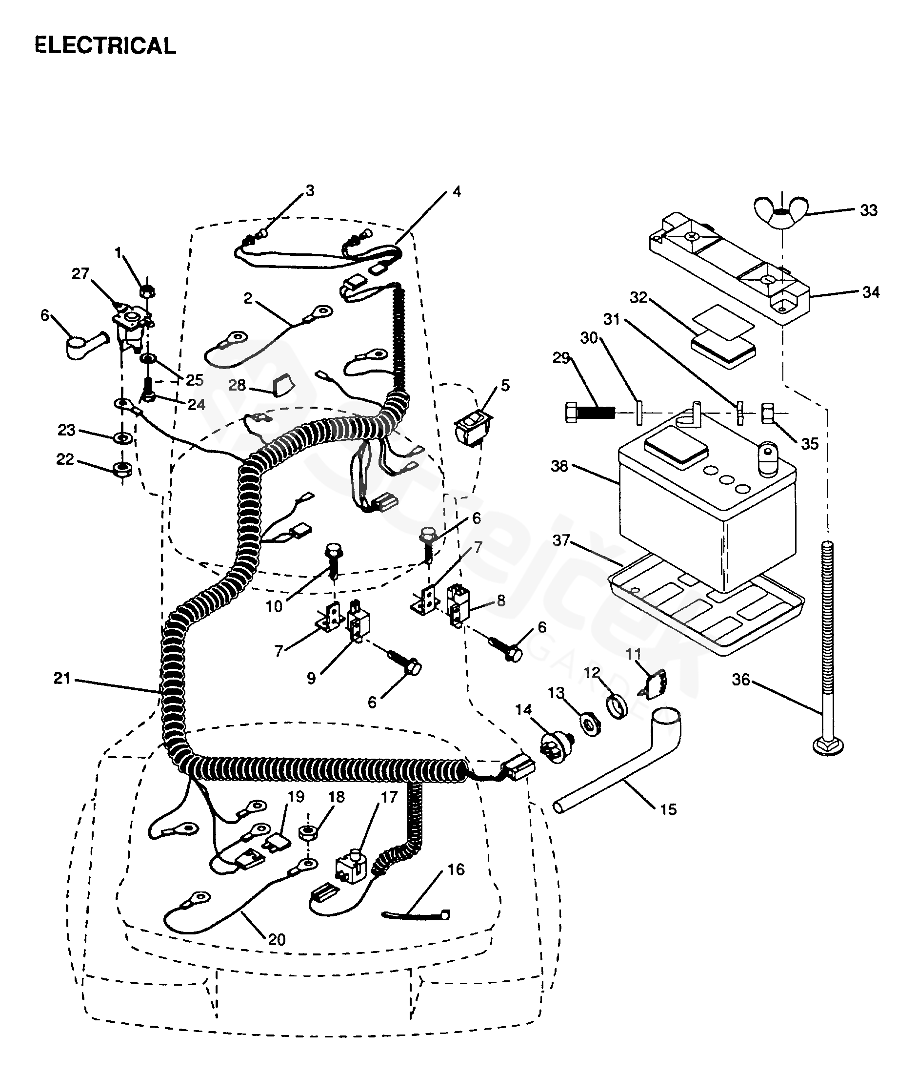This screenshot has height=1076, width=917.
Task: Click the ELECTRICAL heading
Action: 105,46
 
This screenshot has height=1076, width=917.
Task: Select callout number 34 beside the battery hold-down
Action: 871,292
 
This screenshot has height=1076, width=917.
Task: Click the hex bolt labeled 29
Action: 590,413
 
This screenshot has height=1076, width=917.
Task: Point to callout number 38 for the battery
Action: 559,466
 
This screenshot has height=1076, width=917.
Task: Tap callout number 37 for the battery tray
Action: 561,540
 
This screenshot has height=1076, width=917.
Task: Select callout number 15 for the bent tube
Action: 668,809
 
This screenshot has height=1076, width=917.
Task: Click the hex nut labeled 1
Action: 148,291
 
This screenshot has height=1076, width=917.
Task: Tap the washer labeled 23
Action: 123,438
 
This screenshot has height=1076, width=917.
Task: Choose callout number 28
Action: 237,385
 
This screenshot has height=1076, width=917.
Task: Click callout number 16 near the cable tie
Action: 456,869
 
